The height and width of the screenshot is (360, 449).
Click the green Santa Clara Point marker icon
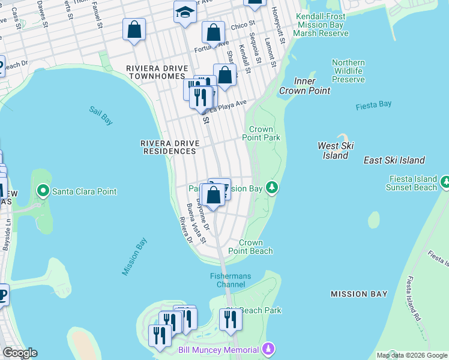tap(43, 191)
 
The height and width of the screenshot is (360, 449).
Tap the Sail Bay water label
tap(100, 115)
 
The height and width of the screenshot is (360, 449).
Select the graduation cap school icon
tap(185, 12)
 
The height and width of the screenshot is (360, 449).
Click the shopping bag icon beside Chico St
tap(213, 32)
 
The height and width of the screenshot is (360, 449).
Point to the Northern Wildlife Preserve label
tap(348, 71)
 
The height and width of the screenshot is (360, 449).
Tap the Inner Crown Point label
tap(304, 86)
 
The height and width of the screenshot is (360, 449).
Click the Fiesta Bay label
tap(373, 104)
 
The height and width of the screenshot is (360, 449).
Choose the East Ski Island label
tap(394, 160)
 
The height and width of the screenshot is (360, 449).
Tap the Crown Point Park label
tap(261, 133)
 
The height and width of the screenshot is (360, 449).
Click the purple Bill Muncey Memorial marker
tap(270, 349)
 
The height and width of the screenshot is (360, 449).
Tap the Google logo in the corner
tap(20, 353)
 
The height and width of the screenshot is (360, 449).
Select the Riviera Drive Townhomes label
tap(157, 73)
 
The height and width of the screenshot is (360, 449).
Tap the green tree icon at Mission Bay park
tap(273, 188)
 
